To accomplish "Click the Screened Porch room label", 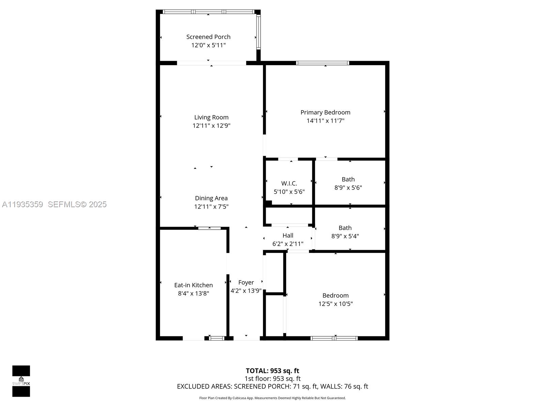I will [208, 37].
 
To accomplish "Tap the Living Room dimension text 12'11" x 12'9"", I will [211, 125].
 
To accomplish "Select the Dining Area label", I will [211, 198].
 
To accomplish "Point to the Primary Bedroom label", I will [325, 112].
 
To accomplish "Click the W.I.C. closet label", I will [289, 183].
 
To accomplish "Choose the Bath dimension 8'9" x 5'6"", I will [348, 187].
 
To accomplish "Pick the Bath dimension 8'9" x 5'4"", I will [345, 236].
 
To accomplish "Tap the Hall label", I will [288, 235].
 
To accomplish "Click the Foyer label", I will [246, 282].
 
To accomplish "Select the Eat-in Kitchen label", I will [193, 285].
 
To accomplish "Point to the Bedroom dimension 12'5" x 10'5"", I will [336, 304].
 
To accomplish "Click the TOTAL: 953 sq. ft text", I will [272, 370].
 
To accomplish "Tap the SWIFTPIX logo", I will [21, 381].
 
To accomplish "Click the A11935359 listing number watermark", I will [22, 204].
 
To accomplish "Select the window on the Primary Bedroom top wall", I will [323, 63].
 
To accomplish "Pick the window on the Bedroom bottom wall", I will [334, 338].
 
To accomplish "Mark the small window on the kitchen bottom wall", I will [217, 338].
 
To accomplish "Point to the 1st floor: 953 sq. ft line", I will [272, 378].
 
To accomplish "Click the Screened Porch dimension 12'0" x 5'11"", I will [208, 45].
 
